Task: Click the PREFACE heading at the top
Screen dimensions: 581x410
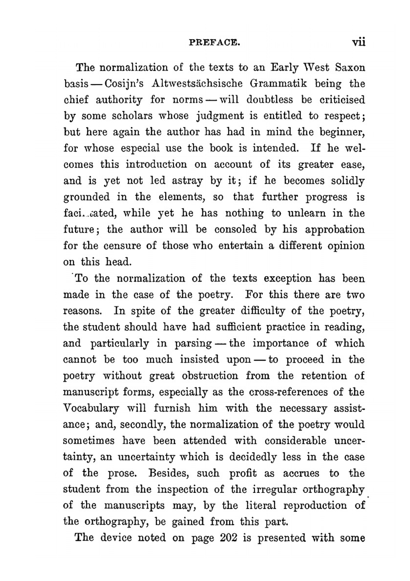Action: point(214,42)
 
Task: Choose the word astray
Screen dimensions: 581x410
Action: point(187,181)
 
